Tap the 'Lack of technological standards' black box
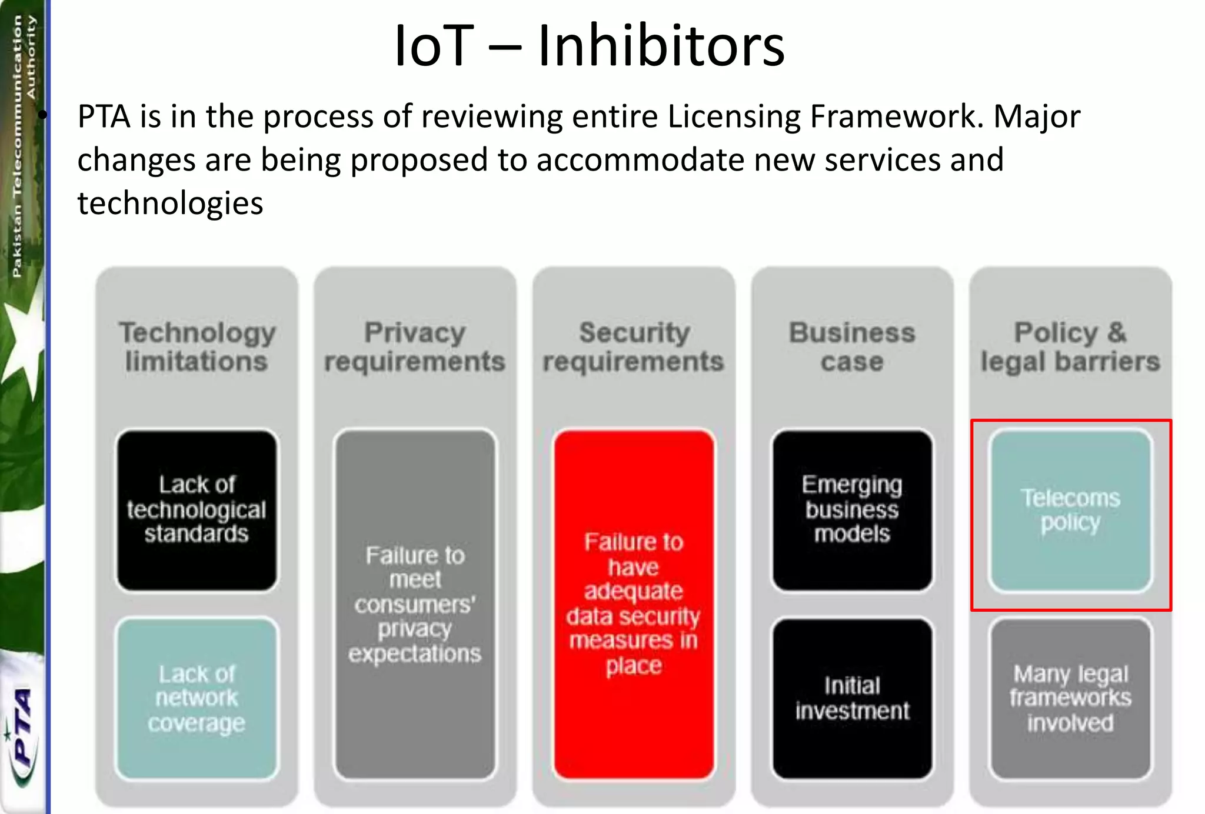(197, 510)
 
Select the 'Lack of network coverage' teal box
(197, 698)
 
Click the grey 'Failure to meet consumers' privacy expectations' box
(415, 604)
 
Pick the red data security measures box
(634, 604)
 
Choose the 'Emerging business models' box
(852, 510)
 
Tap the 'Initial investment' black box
(852, 698)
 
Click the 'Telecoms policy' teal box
(1070, 510)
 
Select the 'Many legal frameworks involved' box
(1070, 698)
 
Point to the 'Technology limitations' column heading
(197, 347)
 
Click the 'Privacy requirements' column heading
(415, 347)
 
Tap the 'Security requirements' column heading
(634, 347)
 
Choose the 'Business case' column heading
(852, 347)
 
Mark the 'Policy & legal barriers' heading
(1070, 347)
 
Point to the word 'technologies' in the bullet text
(170, 204)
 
